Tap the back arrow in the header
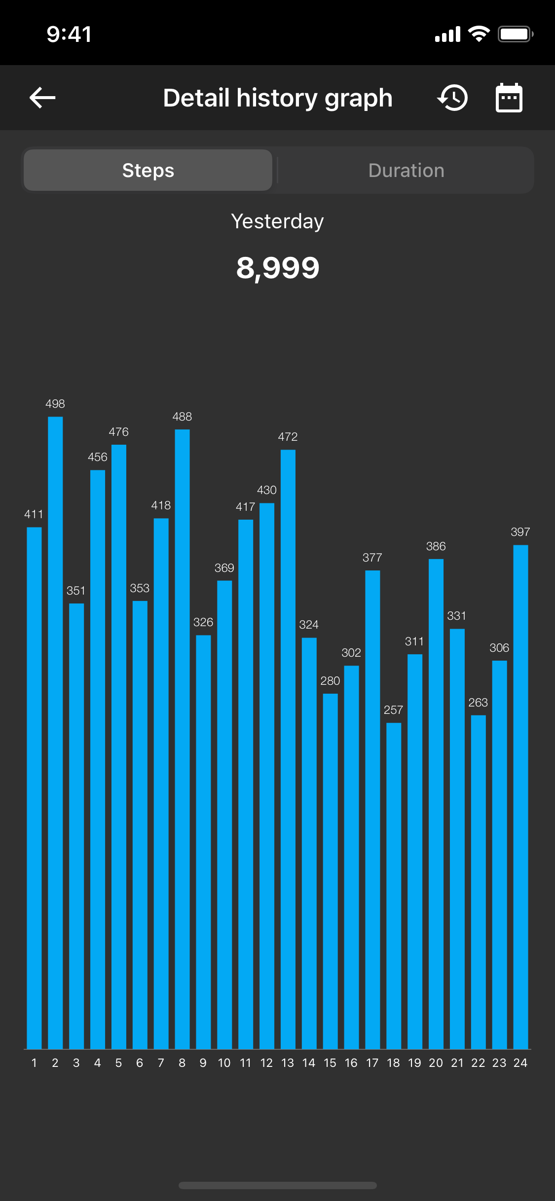click(42, 98)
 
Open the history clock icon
click(453, 98)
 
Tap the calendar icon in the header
click(509, 98)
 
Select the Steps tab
click(148, 171)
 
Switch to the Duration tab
click(406, 171)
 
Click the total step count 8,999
click(278, 268)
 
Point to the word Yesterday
click(278, 221)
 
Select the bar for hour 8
click(182, 740)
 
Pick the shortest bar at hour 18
click(394, 887)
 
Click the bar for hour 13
click(288, 749)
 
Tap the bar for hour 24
click(520, 799)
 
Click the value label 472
click(288, 437)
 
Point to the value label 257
click(394, 710)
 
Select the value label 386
click(436, 546)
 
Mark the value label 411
click(34, 514)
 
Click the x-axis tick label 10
click(224, 1063)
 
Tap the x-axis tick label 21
click(457, 1063)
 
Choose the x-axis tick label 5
click(118, 1063)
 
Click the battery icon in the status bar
click(515, 35)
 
